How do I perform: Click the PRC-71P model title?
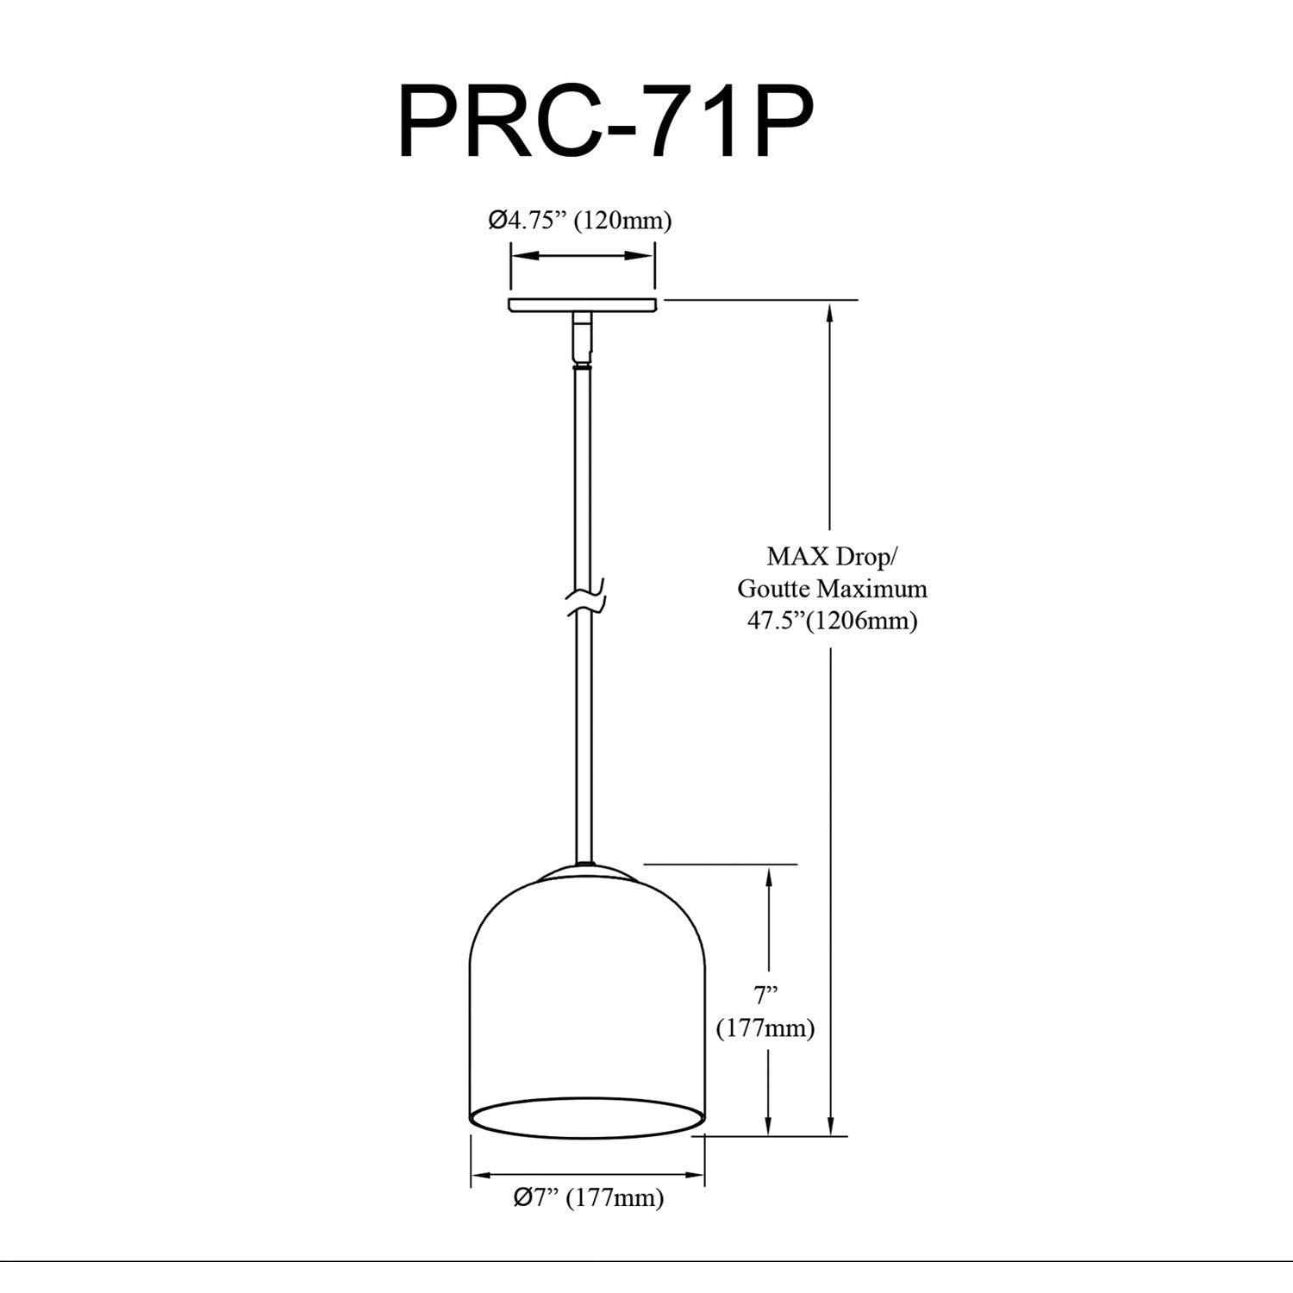click(604, 122)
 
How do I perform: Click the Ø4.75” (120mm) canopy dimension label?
click(579, 221)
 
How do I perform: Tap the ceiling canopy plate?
click(582, 305)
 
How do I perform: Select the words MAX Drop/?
click(832, 557)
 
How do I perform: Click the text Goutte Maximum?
click(832, 589)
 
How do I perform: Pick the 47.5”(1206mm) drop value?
click(832, 621)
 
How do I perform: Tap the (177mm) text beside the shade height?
click(765, 1028)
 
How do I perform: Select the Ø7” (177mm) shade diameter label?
click(588, 1197)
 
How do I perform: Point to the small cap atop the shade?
click(586, 872)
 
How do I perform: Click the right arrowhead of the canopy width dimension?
click(639, 256)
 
